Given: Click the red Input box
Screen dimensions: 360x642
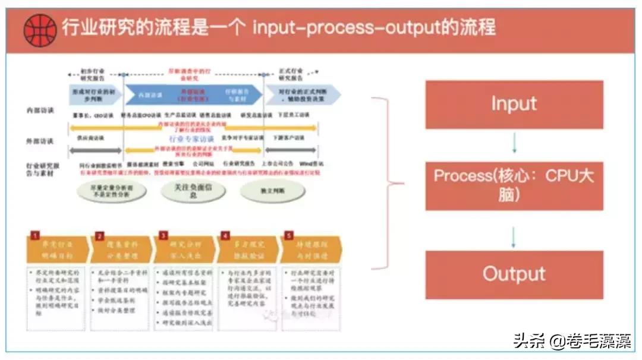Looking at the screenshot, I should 514,105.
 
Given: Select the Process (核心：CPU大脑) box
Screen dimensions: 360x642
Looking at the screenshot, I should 514,185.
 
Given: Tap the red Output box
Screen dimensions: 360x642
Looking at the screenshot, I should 514,274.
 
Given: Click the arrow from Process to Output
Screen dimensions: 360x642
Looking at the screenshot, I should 514,236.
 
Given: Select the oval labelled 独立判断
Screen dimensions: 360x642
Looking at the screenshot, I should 265,190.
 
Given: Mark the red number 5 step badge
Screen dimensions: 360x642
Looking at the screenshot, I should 288,235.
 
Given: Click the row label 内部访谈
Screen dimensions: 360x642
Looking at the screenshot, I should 40,111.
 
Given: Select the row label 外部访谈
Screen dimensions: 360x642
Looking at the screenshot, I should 40,141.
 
